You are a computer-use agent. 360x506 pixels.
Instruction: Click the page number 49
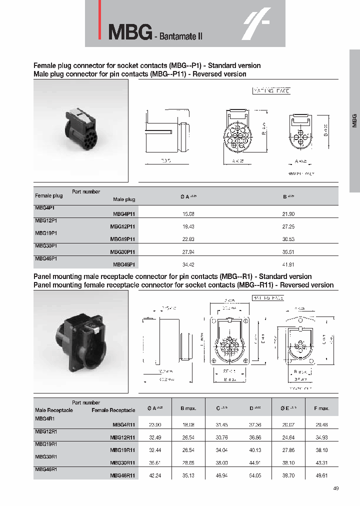(x=335, y=488)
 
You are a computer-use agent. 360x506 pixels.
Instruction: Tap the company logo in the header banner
(x=256, y=24)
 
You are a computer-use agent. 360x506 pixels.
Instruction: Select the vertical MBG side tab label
(x=354, y=120)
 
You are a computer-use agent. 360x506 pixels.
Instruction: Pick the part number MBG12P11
(x=122, y=226)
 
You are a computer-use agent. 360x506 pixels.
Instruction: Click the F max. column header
(x=321, y=408)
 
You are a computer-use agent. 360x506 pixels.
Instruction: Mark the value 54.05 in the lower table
(x=255, y=475)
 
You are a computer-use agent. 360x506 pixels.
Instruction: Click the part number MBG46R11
(x=121, y=475)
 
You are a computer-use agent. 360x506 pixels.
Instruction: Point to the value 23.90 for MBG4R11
(x=155, y=424)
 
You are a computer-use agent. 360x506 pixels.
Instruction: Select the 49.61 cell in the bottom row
(x=321, y=475)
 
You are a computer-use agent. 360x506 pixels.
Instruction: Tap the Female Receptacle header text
(x=113, y=410)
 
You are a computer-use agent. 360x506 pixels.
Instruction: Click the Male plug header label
(x=124, y=199)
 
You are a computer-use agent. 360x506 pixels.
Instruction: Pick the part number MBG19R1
(x=45, y=443)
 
